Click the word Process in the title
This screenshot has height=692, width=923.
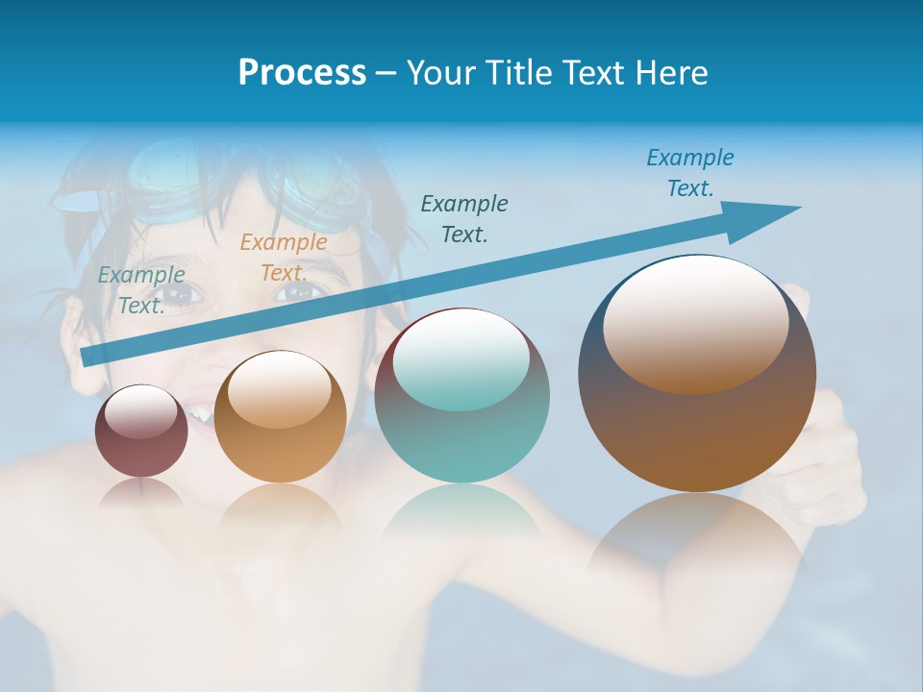(302, 73)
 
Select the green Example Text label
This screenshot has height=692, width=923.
(141, 289)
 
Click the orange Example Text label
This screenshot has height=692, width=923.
(283, 258)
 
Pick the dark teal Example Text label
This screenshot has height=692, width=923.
(464, 218)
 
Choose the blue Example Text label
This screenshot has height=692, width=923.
(689, 173)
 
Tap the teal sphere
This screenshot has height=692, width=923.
(461, 423)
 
